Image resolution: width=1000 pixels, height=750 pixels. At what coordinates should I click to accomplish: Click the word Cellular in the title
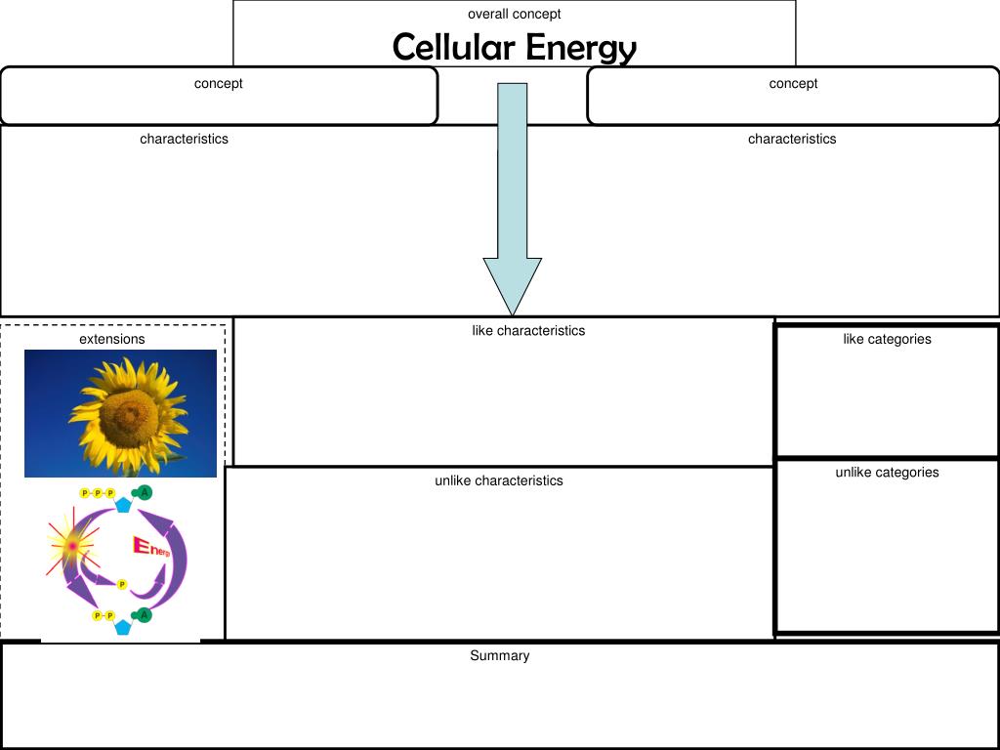[453, 47]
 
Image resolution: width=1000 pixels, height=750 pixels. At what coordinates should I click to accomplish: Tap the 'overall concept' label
[514, 14]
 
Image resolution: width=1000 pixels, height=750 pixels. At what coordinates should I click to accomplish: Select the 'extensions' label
[111, 339]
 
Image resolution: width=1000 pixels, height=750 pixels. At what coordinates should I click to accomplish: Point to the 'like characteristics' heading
[528, 330]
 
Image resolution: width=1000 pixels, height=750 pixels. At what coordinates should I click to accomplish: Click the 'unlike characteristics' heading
[499, 480]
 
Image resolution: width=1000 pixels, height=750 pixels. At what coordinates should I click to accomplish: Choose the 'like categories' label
[887, 339]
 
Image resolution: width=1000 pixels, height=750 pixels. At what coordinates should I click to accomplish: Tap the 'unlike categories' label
[887, 472]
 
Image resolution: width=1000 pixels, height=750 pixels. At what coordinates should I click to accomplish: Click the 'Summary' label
[499, 655]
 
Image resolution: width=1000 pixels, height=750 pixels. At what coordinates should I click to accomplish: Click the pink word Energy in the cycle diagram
[151, 547]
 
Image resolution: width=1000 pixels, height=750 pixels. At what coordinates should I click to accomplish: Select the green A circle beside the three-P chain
[145, 492]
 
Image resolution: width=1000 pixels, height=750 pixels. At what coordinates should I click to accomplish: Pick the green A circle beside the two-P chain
[145, 615]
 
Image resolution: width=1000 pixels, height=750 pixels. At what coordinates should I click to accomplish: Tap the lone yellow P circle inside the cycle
[122, 584]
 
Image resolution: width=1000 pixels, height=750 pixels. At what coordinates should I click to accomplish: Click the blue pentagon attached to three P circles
[123, 505]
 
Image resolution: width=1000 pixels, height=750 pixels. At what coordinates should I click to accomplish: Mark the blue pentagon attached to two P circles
[123, 627]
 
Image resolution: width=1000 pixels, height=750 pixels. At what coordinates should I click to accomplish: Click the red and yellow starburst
[72, 546]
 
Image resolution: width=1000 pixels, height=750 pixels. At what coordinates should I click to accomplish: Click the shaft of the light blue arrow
[512, 170]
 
